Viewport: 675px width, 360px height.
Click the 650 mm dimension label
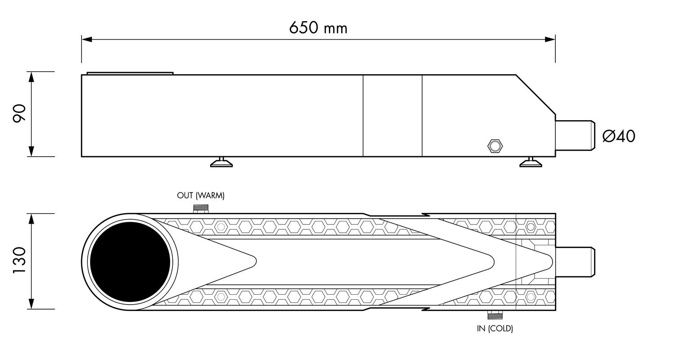tap(318, 28)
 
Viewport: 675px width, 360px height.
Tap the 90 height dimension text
tap(19, 113)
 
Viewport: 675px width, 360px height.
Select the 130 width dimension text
tap(19, 260)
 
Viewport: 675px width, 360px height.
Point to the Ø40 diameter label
tap(619, 136)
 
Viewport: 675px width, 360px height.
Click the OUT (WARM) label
tap(201, 195)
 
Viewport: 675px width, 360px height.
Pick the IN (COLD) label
tap(495, 328)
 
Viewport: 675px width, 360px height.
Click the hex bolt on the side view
tap(495, 146)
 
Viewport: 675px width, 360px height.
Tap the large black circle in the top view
tap(130, 262)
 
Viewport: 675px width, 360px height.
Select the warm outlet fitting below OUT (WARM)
tap(201, 209)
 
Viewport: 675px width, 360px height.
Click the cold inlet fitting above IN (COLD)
tap(495, 315)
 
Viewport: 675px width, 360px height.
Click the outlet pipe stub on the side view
tap(575, 135)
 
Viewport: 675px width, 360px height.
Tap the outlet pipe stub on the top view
tap(575, 262)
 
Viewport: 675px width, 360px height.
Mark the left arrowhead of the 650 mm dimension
tap(87, 40)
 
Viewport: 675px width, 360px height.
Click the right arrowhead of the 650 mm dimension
tap(550, 40)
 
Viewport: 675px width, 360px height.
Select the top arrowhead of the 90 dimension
tap(31, 77)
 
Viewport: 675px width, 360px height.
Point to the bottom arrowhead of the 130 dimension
tap(31, 304)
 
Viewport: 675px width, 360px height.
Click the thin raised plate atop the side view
tap(130, 73)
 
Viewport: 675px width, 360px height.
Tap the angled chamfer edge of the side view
tap(536, 94)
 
